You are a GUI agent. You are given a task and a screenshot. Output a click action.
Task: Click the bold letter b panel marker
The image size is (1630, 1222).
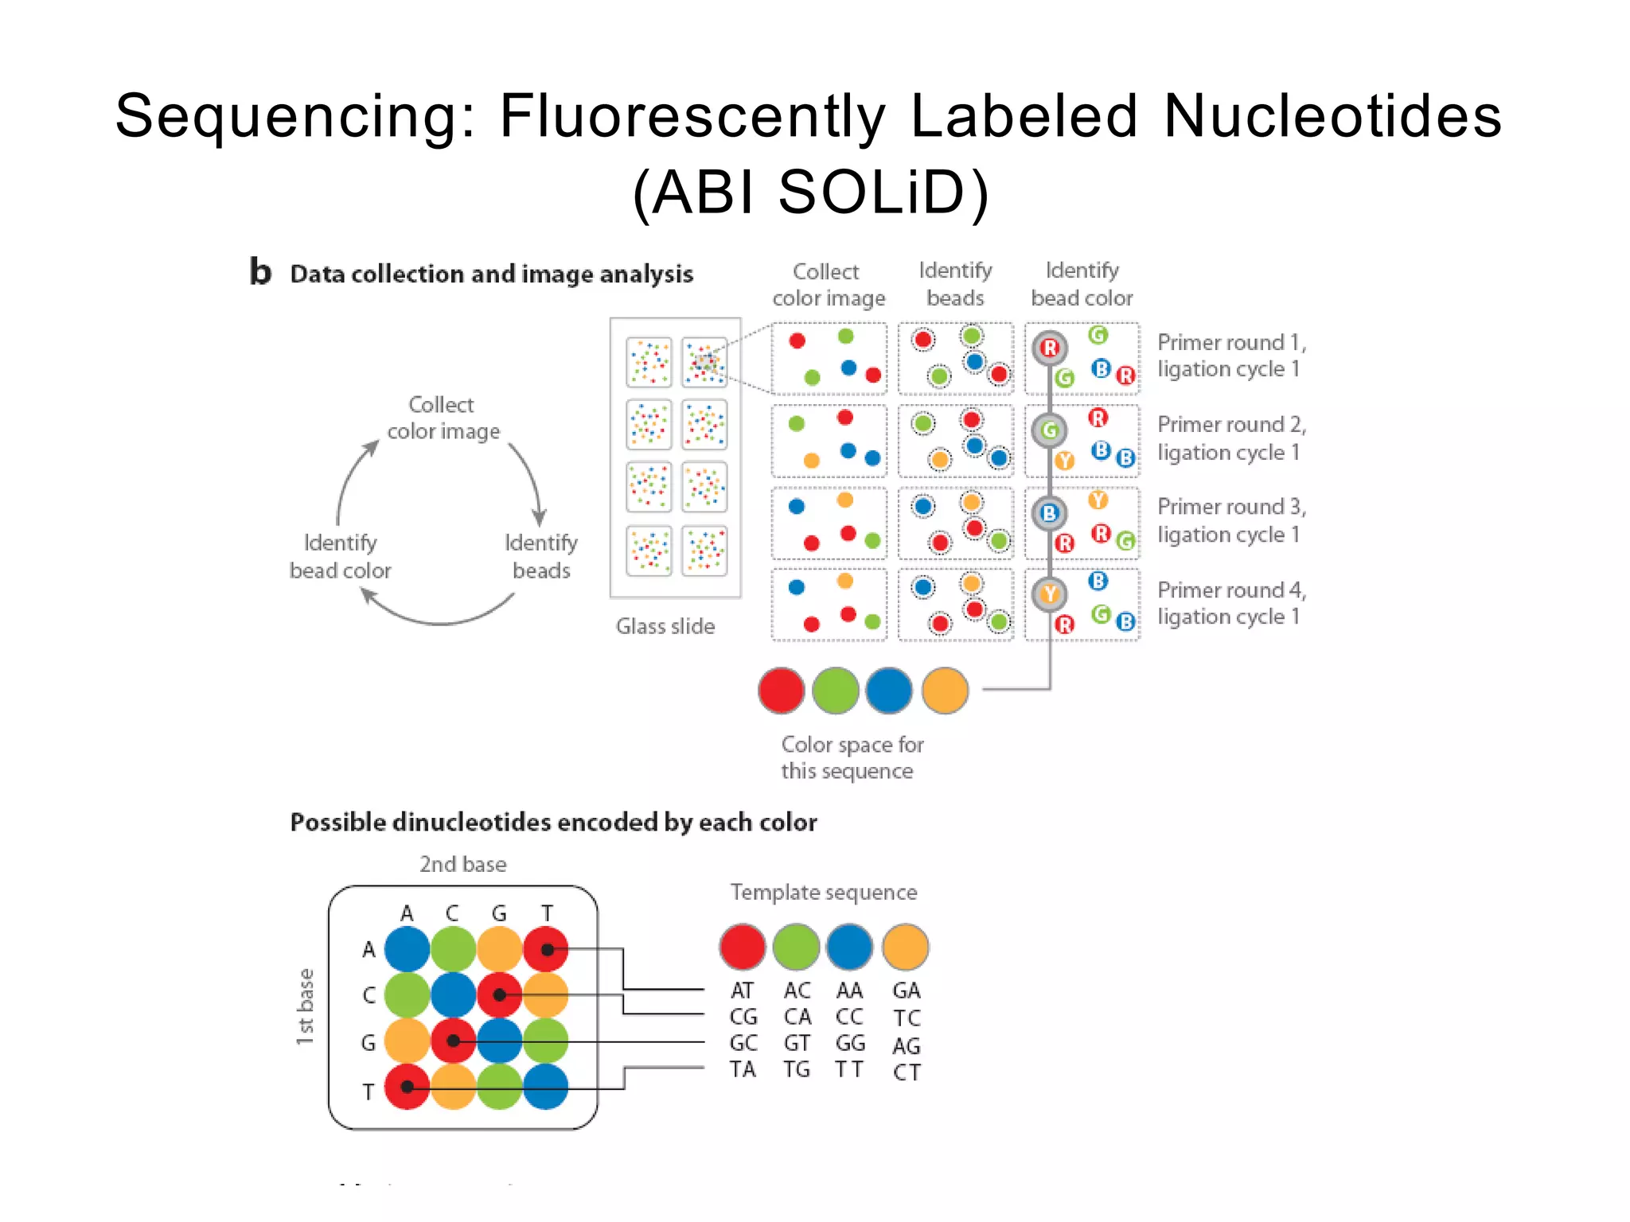point(260,271)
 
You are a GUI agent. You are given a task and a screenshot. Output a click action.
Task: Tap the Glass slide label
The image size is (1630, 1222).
point(665,627)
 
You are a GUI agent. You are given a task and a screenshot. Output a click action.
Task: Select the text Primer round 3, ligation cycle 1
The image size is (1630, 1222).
point(1230,520)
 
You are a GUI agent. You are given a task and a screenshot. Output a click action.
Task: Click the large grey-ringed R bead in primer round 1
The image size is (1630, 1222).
point(1050,348)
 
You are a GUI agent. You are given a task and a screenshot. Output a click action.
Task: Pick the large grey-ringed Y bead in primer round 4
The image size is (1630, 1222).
point(1050,593)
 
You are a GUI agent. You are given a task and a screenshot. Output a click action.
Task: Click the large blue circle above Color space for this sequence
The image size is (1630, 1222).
point(888,691)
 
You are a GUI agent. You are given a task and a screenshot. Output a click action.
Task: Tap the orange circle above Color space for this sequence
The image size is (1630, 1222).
point(945,691)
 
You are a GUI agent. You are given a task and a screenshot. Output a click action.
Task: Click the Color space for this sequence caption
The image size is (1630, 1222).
point(851,757)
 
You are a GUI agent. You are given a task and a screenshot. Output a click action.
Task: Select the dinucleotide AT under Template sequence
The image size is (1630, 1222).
point(742,990)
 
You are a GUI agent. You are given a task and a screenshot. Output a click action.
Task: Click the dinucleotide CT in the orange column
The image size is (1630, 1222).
point(907,1072)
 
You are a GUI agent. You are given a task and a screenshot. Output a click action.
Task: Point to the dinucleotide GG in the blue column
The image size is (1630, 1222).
point(850,1043)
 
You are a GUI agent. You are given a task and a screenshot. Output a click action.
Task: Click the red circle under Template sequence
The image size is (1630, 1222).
point(742,947)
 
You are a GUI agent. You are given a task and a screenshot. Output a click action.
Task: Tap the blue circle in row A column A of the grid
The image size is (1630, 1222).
point(407,949)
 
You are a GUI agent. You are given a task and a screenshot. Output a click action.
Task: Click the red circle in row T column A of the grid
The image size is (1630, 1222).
point(407,1087)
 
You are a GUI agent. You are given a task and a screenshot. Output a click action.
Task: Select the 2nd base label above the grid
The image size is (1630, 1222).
point(462,865)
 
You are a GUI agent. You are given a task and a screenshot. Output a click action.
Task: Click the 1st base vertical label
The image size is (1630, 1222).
point(305,1006)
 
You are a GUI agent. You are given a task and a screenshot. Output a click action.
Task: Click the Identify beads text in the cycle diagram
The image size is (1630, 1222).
point(541,557)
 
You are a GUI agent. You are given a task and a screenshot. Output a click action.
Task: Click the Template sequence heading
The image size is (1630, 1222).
point(824,893)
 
